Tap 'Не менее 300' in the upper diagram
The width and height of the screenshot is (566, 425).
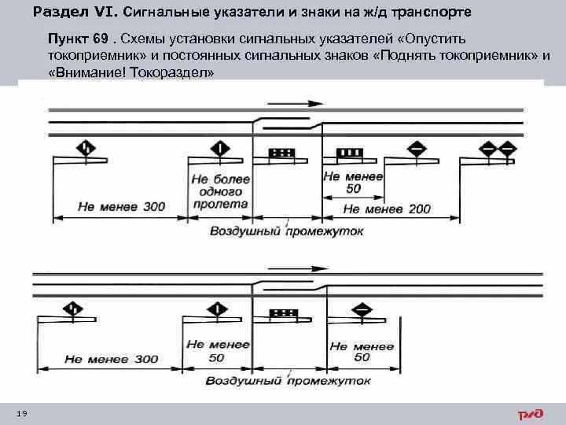121,207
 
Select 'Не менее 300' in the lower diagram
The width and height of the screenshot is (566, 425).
111,359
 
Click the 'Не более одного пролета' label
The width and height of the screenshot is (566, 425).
220,191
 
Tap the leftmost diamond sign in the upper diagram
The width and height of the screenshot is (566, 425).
85,147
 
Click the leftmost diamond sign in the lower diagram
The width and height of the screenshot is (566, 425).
72,308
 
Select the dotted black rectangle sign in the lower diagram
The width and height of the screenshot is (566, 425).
281,313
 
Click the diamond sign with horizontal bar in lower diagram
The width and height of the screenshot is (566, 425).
363,309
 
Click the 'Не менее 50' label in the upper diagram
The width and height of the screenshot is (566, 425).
354,183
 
